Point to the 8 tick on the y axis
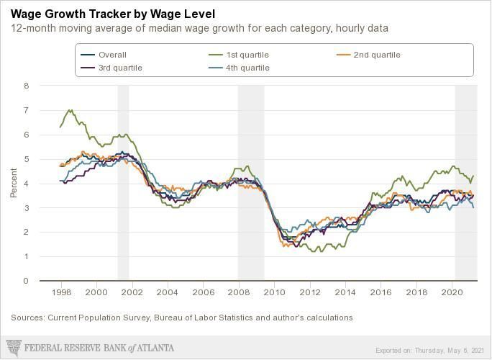click(26, 86)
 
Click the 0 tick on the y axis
click(26, 281)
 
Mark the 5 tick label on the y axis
click(26, 159)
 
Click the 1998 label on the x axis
click(62, 293)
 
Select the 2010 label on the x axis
click(273, 293)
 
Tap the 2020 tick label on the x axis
click(452, 293)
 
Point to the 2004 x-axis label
click(168, 293)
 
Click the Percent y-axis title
click(14, 183)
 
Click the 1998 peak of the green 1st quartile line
click(70, 110)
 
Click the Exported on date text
click(429, 351)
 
